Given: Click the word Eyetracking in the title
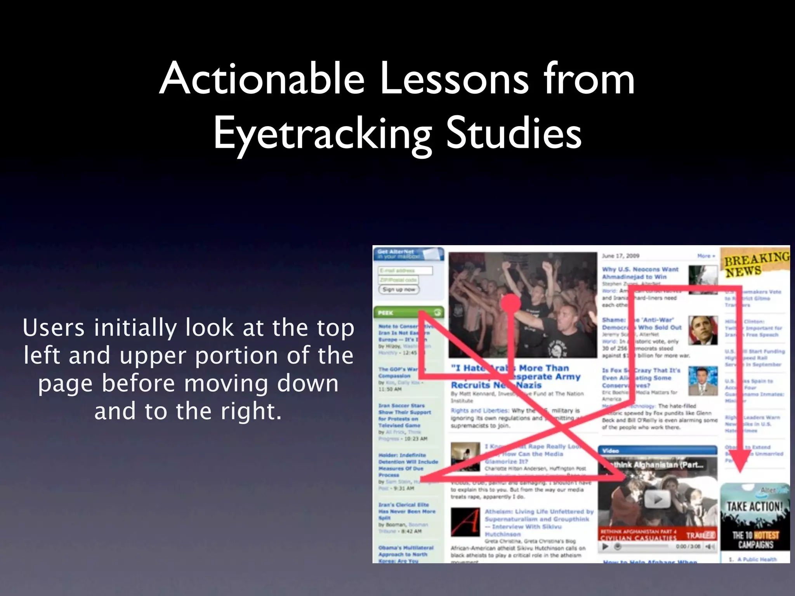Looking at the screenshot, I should (322, 134).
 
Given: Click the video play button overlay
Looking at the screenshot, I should (657, 499).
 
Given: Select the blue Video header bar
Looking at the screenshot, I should (657, 450).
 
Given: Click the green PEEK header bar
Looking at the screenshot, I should (408, 312).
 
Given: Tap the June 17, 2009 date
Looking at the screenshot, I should (620, 256).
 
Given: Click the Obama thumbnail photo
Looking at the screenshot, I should (703, 330).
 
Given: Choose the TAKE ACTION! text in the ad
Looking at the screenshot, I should (755, 506).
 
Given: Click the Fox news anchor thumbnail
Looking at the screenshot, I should (703, 381).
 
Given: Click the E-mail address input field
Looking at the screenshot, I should (405, 270).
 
